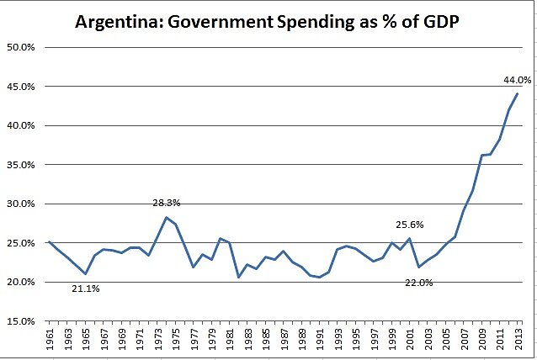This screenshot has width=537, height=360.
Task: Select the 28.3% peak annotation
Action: click(166, 203)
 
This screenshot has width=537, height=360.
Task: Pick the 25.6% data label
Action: click(410, 225)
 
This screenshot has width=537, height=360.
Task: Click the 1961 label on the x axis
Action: click(50, 341)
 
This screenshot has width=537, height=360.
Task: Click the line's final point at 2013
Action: click(516, 93)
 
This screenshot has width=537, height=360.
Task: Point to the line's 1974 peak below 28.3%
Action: click(166, 217)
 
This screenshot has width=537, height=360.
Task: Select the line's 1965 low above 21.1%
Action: click(85, 273)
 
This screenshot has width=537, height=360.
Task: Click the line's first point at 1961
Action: click(50, 242)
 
